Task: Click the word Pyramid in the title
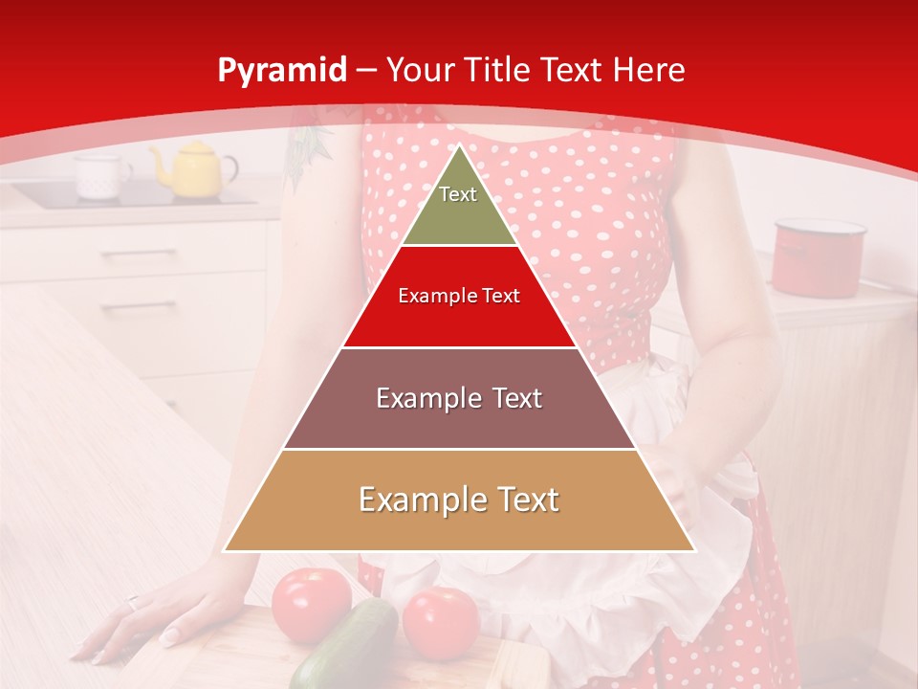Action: point(281,71)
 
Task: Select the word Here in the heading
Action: point(649,71)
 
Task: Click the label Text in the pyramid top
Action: point(458,194)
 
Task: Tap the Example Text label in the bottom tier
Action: point(459,500)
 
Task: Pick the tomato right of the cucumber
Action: point(441,622)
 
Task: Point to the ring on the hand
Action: point(133,603)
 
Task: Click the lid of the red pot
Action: point(820,228)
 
